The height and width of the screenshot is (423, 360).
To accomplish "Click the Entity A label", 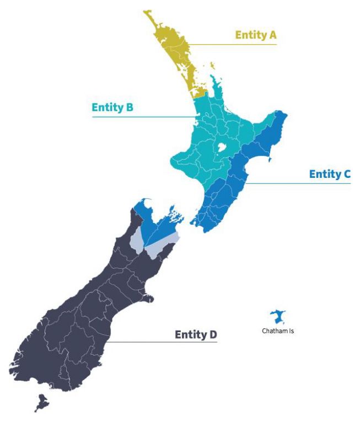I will tap(255, 35).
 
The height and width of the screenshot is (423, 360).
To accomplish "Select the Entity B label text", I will tap(112, 107).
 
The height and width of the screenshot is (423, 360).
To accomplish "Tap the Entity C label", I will tap(330, 174).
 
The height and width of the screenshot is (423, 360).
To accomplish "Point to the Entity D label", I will tap(196, 334).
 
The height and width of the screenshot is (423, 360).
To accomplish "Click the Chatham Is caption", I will tap(278, 332).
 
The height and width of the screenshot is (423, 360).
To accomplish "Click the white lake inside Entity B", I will tap(222, 148).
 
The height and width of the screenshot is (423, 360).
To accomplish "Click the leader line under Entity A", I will tap(243, 44).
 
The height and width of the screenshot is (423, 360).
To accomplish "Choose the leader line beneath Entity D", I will tap(165, 343).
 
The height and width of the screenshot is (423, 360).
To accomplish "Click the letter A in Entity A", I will tap(272, 35).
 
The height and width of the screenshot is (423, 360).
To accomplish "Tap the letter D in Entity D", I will tap(213, 334).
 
